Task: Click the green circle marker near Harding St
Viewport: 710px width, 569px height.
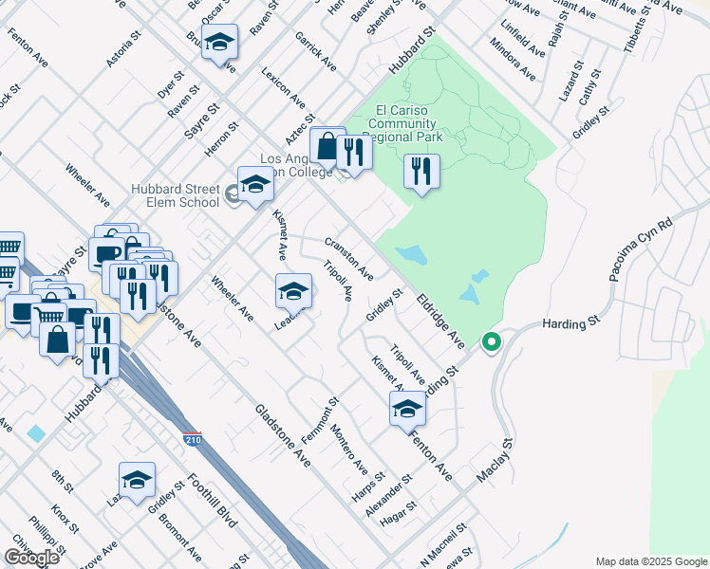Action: coord(491,341)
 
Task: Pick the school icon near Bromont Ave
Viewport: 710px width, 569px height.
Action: coord(137,481)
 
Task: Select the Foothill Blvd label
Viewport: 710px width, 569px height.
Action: coord(211,502)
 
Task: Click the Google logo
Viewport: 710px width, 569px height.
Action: coord(31,558)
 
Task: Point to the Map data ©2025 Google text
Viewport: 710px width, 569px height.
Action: coord(651,561)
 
